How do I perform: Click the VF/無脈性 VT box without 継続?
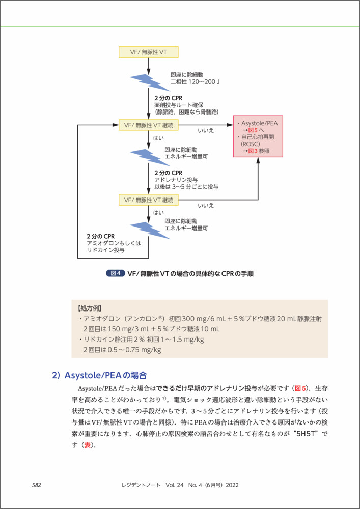pyautogui.click(x=148, y=52)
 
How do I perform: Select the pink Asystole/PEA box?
pyautogui.click(x=258, y=137)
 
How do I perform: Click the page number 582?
pyautogui.click(x=36, y=485)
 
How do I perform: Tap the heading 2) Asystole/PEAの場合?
pyautogui.click(x=99, y=376)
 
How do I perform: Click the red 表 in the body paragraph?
pyautogui.click(x=87, y=445)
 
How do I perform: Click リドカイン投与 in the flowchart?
pyautogui.click(x=105, y=250)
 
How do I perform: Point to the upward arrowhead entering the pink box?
pyautogui.click(x=258, y=160)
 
